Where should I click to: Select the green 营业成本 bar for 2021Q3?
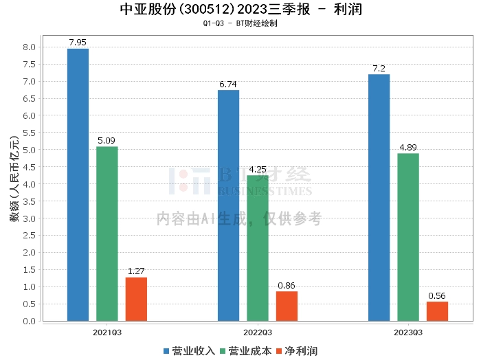[107, 234]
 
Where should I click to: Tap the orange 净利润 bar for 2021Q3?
[136, 299]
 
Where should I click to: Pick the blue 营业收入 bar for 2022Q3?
[228, 205]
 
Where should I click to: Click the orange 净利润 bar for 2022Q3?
[287, 306]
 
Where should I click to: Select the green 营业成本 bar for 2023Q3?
[408, 237]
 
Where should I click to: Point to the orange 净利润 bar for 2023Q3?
[437, 311]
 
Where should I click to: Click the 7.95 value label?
[78, 43]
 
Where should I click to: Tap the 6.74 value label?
[228, 84]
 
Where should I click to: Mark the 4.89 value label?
[408, 147]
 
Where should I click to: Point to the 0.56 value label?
[437, 295]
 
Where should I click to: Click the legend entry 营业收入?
[190, 350]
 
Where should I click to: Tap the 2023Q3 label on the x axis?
[408, 332]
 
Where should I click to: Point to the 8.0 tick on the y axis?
[29, 47]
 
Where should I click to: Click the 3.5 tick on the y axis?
[29, 201]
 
